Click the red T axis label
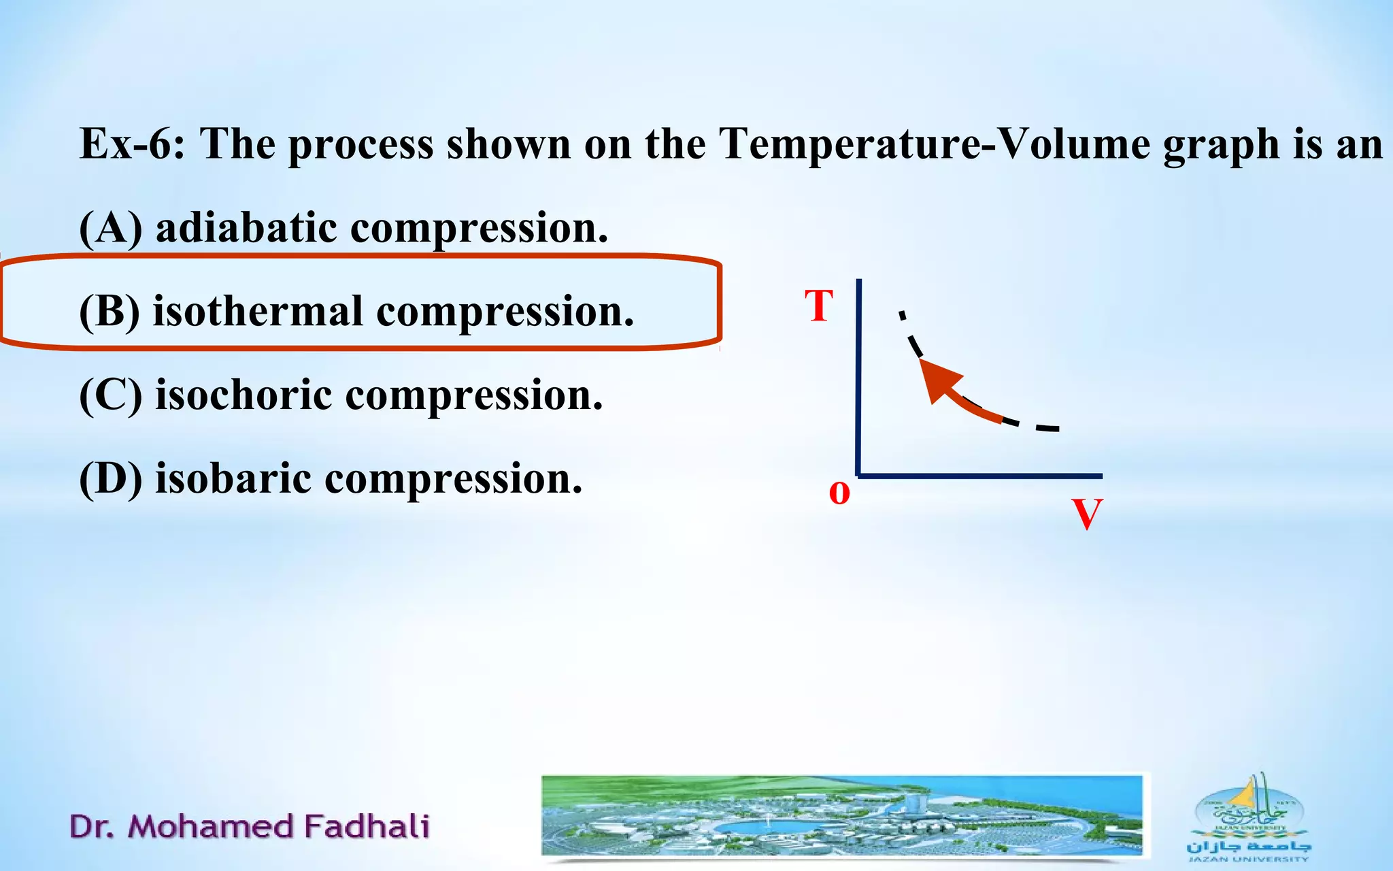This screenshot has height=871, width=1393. pos(819,306)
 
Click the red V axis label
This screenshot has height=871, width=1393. pos(1086,514)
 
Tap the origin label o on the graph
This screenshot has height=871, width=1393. pos(839,492)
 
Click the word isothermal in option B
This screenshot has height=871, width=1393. pos(258,311)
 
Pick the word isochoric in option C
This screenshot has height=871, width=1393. pos(244,395)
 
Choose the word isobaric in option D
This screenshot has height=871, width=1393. pos(233,478)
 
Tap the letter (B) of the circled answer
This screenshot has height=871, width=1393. pos(110,312)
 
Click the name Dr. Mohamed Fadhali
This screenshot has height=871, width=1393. pos(250,826)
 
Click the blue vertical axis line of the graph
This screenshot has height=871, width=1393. pos(859,381)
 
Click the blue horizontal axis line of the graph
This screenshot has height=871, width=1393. pos(979,476)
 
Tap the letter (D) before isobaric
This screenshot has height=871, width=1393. pos(111,479)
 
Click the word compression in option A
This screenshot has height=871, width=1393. pos(479,229)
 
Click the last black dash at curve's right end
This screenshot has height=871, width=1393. pos(1047,429)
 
